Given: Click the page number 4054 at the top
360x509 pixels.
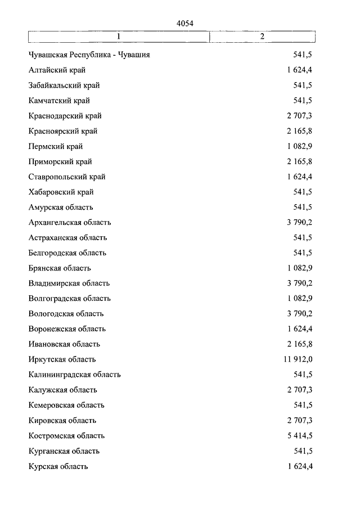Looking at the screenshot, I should pos(185,23).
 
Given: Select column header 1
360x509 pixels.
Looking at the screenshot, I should pos(119,37).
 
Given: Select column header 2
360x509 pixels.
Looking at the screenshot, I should pos(262,37).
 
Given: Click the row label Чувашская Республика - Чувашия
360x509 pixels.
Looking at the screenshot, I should pos(89,55).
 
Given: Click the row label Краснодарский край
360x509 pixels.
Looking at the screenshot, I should pos(65,116).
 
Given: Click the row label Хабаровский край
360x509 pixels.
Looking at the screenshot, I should pos(61,192).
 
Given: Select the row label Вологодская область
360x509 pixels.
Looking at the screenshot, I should pos(66,314).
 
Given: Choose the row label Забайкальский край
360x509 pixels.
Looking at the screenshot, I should pos(64,85).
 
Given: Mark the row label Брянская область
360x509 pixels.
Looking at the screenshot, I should pos(60,268).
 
